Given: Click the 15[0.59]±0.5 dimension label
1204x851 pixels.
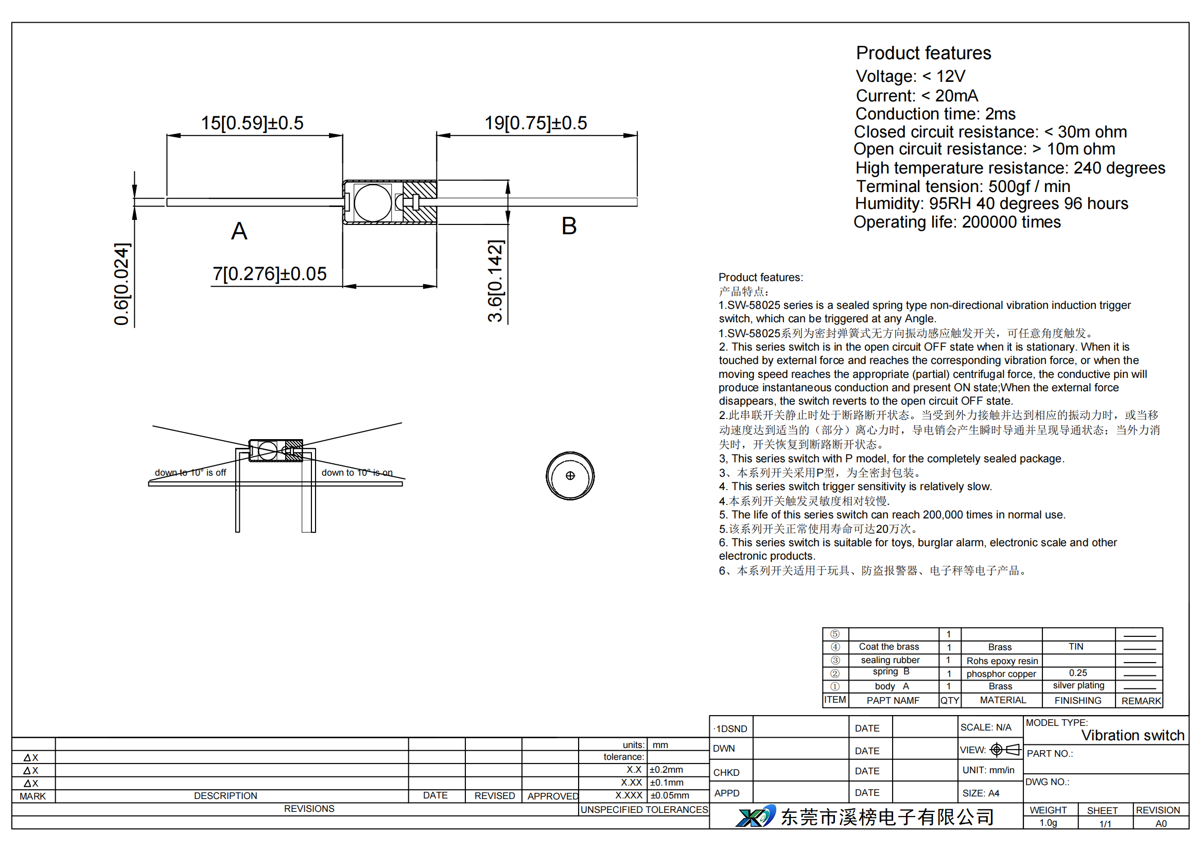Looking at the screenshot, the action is tap(252, 123).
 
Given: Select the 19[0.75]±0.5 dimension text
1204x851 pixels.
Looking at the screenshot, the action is tap(535, 123).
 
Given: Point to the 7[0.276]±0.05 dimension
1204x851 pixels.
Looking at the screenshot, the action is tap(270, 274).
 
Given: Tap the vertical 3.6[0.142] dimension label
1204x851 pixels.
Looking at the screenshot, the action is tap(496, 281).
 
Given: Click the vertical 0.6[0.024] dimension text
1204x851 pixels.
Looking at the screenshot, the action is tap(121, 284).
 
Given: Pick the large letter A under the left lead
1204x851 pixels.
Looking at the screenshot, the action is tap(239, 231).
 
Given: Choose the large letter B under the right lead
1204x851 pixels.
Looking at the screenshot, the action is tap(569, 226).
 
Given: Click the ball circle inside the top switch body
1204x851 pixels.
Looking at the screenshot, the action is tap(373, 203).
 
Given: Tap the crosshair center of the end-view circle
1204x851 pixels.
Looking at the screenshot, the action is tap(570, 476).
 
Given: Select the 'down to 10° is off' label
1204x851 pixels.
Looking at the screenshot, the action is tap(190, 473).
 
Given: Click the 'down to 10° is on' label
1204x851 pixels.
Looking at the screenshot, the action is tap(357, 473).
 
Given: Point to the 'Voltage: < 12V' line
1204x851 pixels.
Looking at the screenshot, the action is tap(911, 77).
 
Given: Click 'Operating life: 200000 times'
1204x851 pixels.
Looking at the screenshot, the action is tap(957, 222).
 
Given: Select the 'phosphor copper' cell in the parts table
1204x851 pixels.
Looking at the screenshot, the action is tap(1001, 674).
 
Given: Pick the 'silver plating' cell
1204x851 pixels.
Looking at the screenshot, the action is tap(1078, 685).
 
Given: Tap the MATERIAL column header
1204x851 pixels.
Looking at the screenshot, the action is tap(1003, 700).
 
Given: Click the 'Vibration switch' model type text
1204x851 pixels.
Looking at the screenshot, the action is tap(1132, 735).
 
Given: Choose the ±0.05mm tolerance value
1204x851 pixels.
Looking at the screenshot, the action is tap(670, 795).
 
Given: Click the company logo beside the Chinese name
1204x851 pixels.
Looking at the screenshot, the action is tap(756, 816).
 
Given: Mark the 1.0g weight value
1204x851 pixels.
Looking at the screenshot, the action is tap(1048, 823).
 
